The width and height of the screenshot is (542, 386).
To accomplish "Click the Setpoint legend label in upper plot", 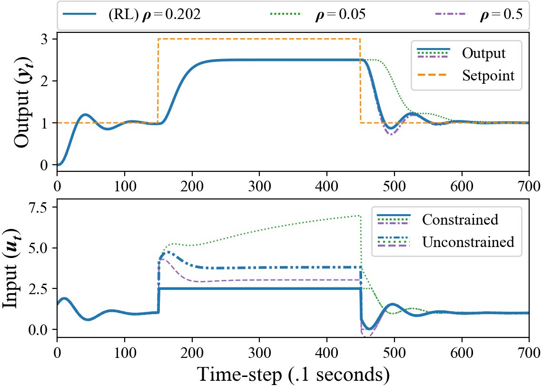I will click(x=488, y=75).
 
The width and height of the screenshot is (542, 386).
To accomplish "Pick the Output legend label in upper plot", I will click(x=483, y=53).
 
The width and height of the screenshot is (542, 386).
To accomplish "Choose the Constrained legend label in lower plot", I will click(x=460, y=219).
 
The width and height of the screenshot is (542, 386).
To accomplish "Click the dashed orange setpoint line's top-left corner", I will click(x=158, y=39).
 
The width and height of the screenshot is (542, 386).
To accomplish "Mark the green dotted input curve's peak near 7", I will click(x=359, y=216).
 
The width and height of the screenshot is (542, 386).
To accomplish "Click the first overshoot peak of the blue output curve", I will click(x=85, y=114).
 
